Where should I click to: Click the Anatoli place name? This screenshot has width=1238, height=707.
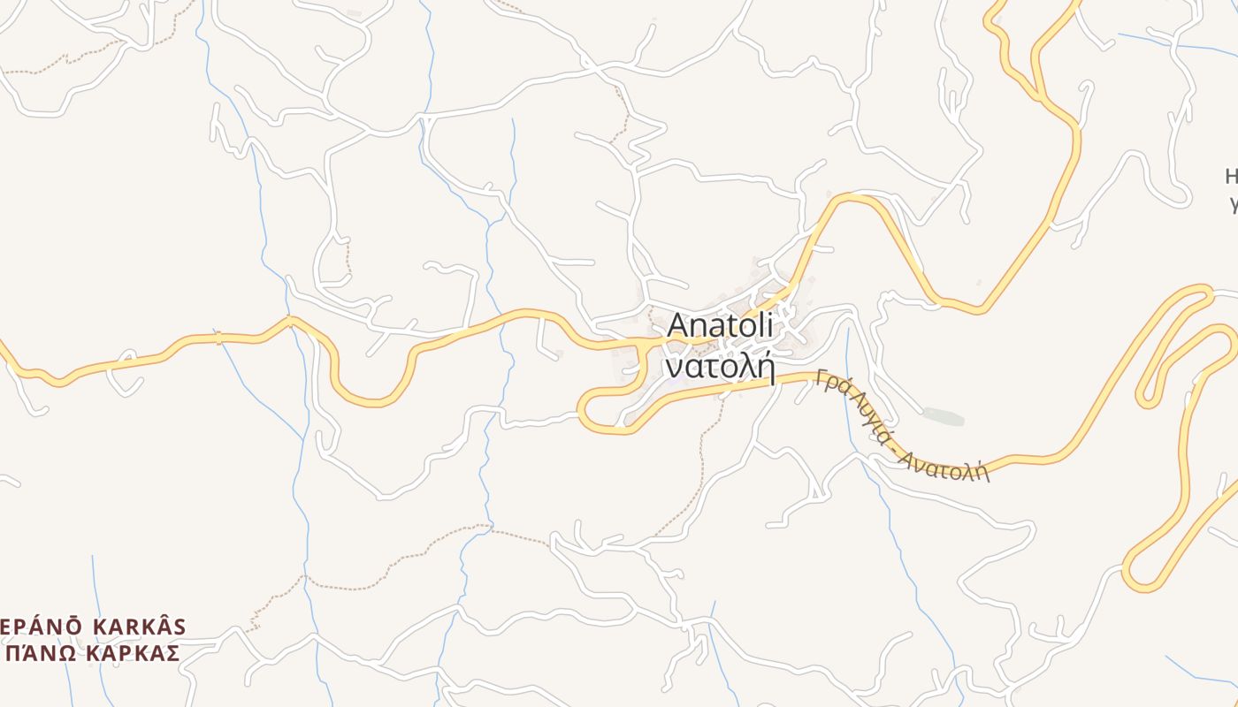click(720, 325)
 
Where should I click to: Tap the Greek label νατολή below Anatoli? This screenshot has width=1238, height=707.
click(720, 365)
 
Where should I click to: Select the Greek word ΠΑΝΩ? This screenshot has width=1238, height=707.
click(34, 653)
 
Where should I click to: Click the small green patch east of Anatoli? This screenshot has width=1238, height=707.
click(943, 415)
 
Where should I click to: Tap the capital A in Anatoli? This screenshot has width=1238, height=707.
click(678, 325)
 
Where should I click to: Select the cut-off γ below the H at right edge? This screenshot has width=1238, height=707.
click(1233, 205)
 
